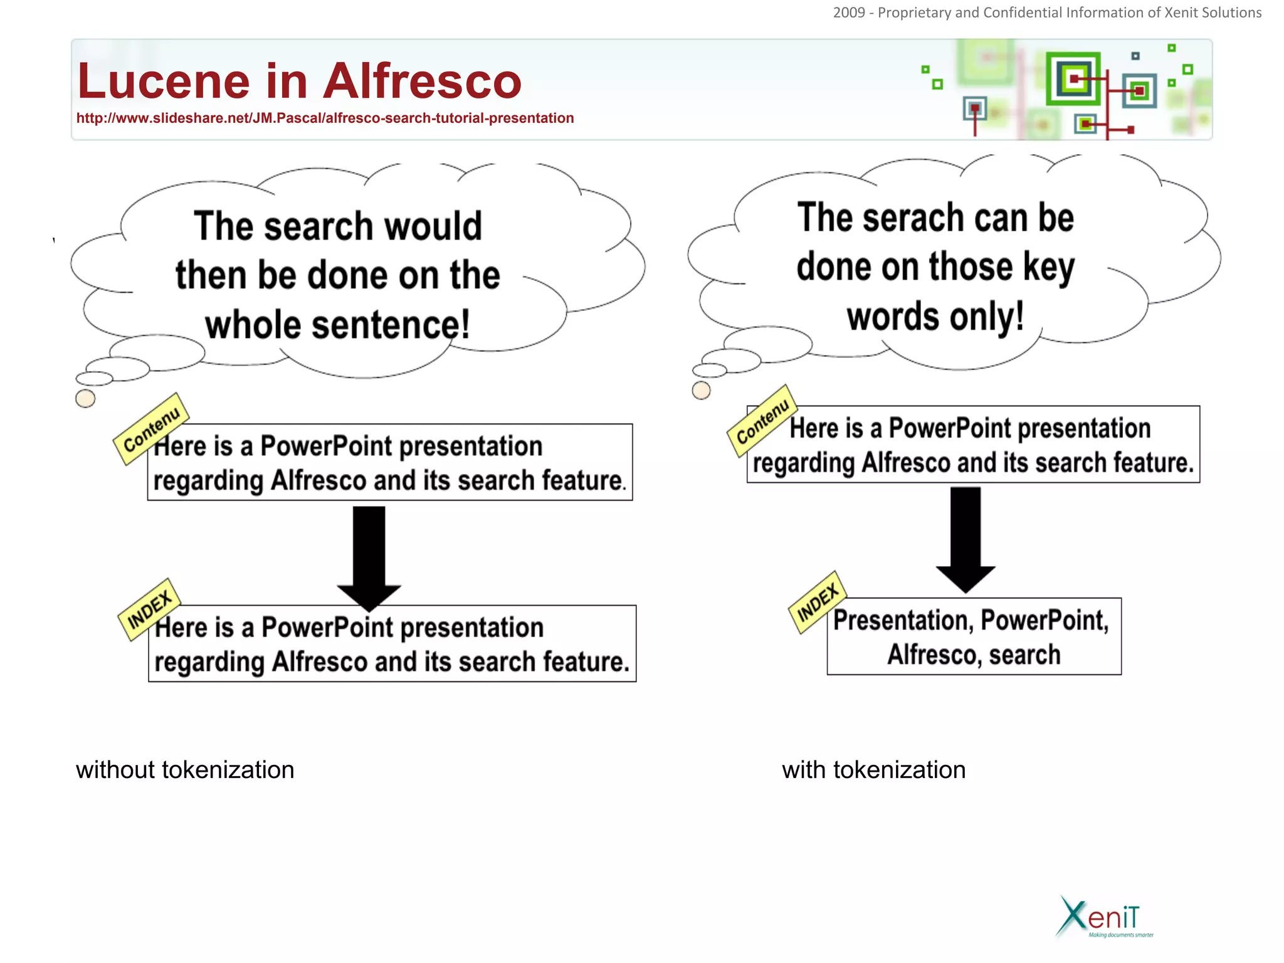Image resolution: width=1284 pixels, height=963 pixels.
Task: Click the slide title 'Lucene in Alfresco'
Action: click(299, 81)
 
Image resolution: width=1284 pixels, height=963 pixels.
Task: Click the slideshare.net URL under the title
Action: click(325, 118)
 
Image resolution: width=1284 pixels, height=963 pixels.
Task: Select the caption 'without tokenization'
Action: click(185, 770)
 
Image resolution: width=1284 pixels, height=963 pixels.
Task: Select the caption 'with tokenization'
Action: click(873, 770)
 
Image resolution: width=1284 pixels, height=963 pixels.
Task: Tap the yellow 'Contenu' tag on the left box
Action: click(151, 429)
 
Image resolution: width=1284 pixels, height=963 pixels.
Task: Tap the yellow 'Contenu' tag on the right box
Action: click(762, 421)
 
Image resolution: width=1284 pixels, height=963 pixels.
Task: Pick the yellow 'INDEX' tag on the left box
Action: click(149, 609)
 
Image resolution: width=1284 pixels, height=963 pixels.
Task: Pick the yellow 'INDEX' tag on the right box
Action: click(818, 602)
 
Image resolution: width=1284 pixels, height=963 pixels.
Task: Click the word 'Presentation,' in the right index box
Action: click(903, 621)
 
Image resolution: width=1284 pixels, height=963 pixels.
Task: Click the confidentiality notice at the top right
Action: click(1047, 13)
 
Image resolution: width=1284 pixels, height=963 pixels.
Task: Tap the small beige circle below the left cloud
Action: click(85, 399)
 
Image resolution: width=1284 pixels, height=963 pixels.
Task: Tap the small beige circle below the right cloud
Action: click(701, 391)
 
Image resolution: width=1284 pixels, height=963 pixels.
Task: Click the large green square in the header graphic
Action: click(1073, 79)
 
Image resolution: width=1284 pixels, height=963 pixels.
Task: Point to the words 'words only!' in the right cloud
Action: click(935, 317)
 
